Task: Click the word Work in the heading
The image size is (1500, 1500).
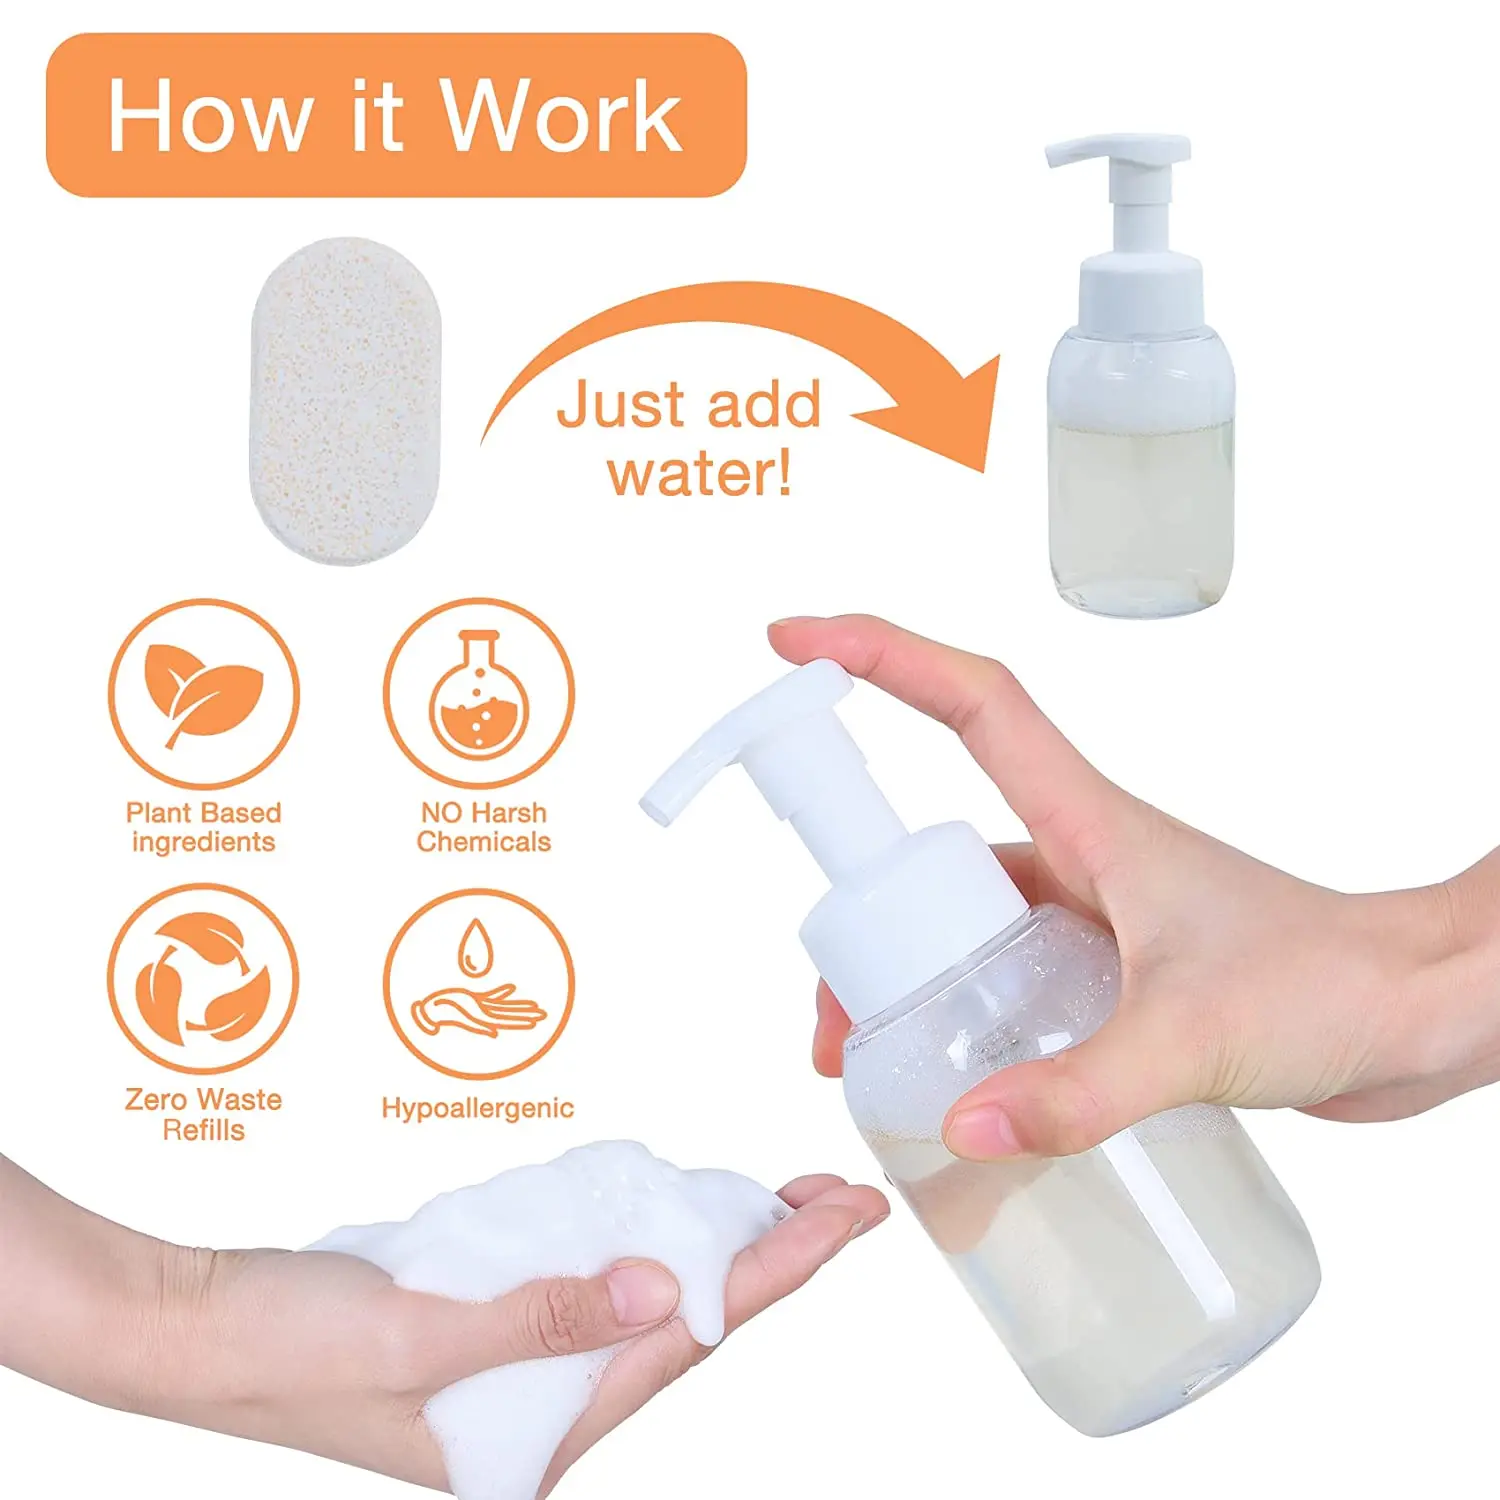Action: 562,116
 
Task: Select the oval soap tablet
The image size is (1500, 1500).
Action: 345,400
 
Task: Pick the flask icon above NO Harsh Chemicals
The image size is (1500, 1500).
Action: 479,692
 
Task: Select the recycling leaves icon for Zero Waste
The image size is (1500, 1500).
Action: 203,978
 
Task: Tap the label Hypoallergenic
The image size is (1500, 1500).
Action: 477,1108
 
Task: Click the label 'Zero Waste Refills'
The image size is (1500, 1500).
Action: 203,1114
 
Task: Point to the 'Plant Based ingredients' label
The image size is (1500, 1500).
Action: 203,827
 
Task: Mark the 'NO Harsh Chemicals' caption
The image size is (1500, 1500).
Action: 484,827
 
